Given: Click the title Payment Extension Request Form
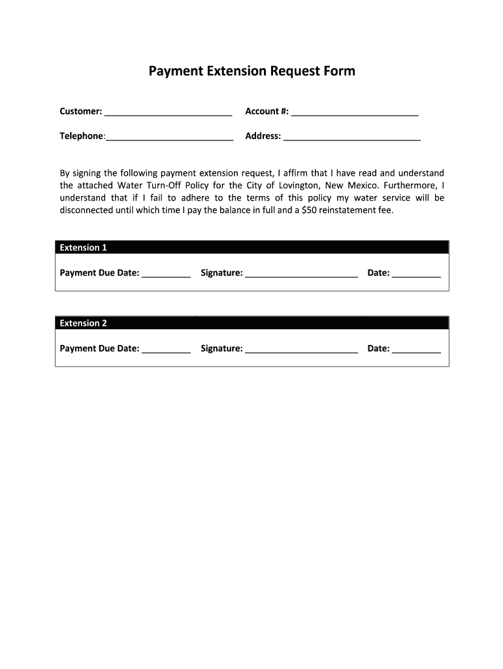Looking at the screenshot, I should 252,71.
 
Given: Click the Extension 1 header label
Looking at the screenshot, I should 83,248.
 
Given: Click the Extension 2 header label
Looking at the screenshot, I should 83,323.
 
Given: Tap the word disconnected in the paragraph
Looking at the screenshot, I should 86,210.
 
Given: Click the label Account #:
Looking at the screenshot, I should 267,112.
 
